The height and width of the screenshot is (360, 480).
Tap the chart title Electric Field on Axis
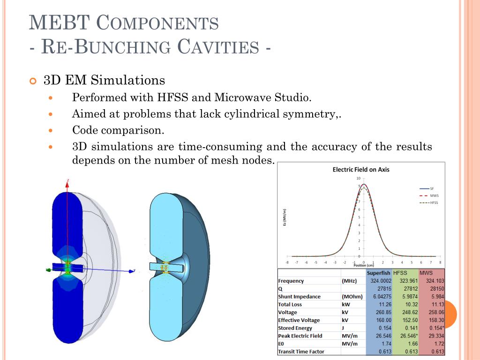(x=360, y=169)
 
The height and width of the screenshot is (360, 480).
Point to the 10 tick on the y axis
(x=358, y=178)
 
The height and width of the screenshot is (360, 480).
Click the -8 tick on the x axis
(x=287, y=262)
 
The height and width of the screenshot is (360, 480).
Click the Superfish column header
(x=379, y=273)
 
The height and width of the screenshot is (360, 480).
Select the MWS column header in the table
(x=426, y=273)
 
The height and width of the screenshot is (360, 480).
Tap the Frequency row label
(x=291, y=281)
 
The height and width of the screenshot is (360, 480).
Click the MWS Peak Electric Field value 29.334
(x=435, y=336)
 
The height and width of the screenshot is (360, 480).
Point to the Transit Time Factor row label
(x=300, y=351)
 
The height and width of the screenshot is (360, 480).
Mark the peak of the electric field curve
(x=363, y=185)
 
